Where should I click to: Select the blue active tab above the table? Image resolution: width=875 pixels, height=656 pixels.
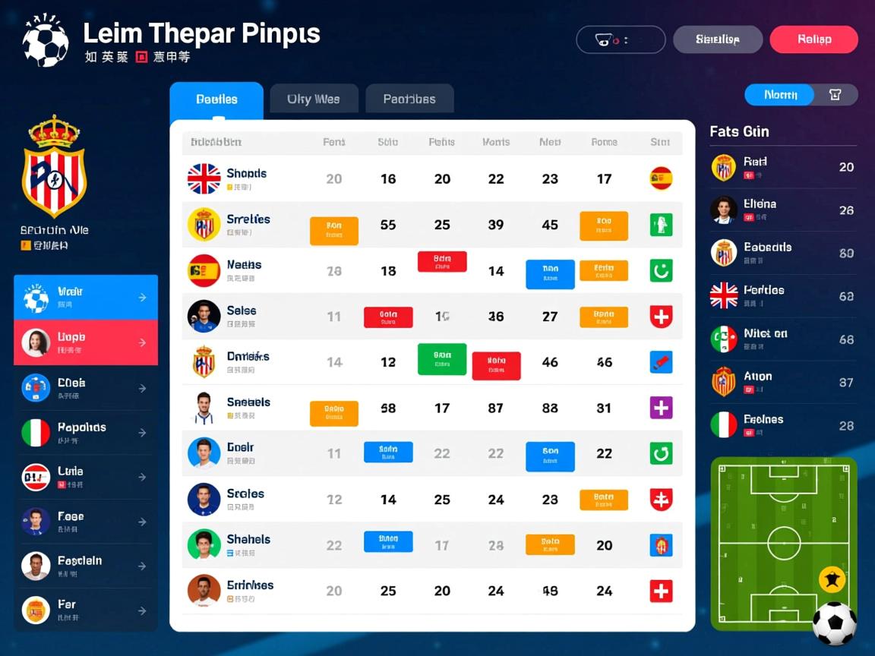pos(216,99)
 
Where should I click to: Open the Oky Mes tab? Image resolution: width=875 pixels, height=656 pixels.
pos(313,99)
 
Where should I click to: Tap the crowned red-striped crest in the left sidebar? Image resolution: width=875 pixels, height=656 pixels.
pos(54,167)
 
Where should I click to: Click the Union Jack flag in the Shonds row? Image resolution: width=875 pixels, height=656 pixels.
pos(204,179)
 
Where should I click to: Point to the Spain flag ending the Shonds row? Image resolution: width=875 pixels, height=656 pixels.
pos(661,178)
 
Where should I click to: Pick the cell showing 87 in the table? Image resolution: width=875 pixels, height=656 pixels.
pos(496,408)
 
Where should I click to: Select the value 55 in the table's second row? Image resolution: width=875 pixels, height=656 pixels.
pos(388,225)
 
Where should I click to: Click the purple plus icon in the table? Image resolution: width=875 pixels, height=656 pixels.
pos(661,408)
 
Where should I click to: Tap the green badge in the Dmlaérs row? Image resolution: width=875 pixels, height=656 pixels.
pos(442,359)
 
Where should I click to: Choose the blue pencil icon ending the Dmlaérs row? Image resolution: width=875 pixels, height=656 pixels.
pos(661,362)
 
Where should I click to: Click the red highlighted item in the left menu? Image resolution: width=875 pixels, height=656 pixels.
pos(86,342)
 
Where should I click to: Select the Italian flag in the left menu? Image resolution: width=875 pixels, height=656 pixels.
pos(36,432)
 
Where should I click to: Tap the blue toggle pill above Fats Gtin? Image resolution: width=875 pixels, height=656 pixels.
pos(779,95)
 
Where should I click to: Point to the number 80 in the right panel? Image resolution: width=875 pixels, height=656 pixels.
pos(846,254)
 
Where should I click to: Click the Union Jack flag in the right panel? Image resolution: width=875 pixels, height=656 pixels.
pos(724,295)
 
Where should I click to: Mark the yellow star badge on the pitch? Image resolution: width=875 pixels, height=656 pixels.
pos(832,581)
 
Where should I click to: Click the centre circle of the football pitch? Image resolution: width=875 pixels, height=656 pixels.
pos(784,544)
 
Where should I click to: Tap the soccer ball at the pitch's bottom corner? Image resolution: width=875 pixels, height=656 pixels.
pos(834,623)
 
